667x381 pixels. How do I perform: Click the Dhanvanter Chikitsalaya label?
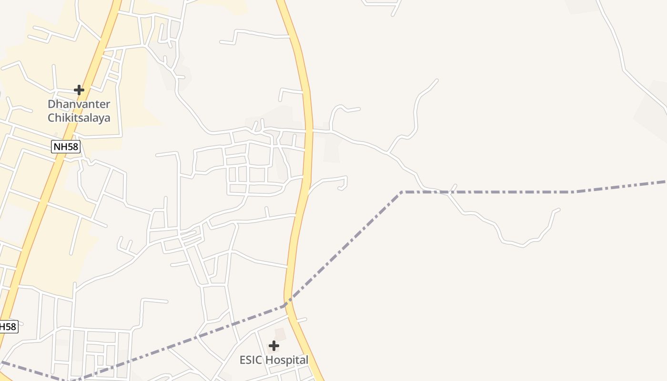click(x=79, y=111)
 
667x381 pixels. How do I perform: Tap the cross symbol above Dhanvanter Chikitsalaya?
click(x=79, y=90)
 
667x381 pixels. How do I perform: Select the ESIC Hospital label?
click(x=274, y=360)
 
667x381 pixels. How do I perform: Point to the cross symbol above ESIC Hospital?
click(x=274, y=346)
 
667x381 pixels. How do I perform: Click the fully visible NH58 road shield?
click(x=65, y=147)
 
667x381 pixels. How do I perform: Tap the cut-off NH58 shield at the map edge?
click(x=8, y=327)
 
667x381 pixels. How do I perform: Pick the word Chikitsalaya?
click(x=79, y=118)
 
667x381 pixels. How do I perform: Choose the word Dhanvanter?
click(x=79, y=104)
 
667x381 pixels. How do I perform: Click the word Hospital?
click(x=287, y=360)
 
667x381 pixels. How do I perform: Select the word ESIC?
click(x=251, y=360)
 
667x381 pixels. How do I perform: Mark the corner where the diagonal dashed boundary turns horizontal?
click(x=402, y=192)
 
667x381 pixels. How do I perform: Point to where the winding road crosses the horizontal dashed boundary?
click(x=448, y=192)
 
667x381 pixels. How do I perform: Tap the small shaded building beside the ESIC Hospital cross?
click(x=280, y=334)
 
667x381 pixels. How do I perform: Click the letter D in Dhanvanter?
click(x=51, y=104)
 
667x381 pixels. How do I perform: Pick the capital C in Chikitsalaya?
click(x=51, y=118)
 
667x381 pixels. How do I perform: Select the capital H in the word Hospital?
click(x=269, y=360)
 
